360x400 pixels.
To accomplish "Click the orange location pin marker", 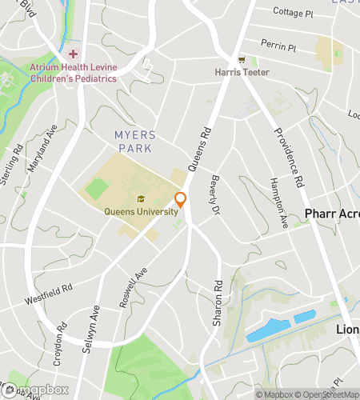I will click(181, 200).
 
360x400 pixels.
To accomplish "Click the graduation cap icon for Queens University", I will click(140, 200).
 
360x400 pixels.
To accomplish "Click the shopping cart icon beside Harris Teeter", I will click(241, 60).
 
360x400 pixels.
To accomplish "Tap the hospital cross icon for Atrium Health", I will click(73, 54).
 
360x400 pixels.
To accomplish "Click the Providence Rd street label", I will click(289, 157).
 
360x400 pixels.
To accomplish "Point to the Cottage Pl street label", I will click(292, 13).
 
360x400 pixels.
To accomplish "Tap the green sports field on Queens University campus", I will click(97, 190).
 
